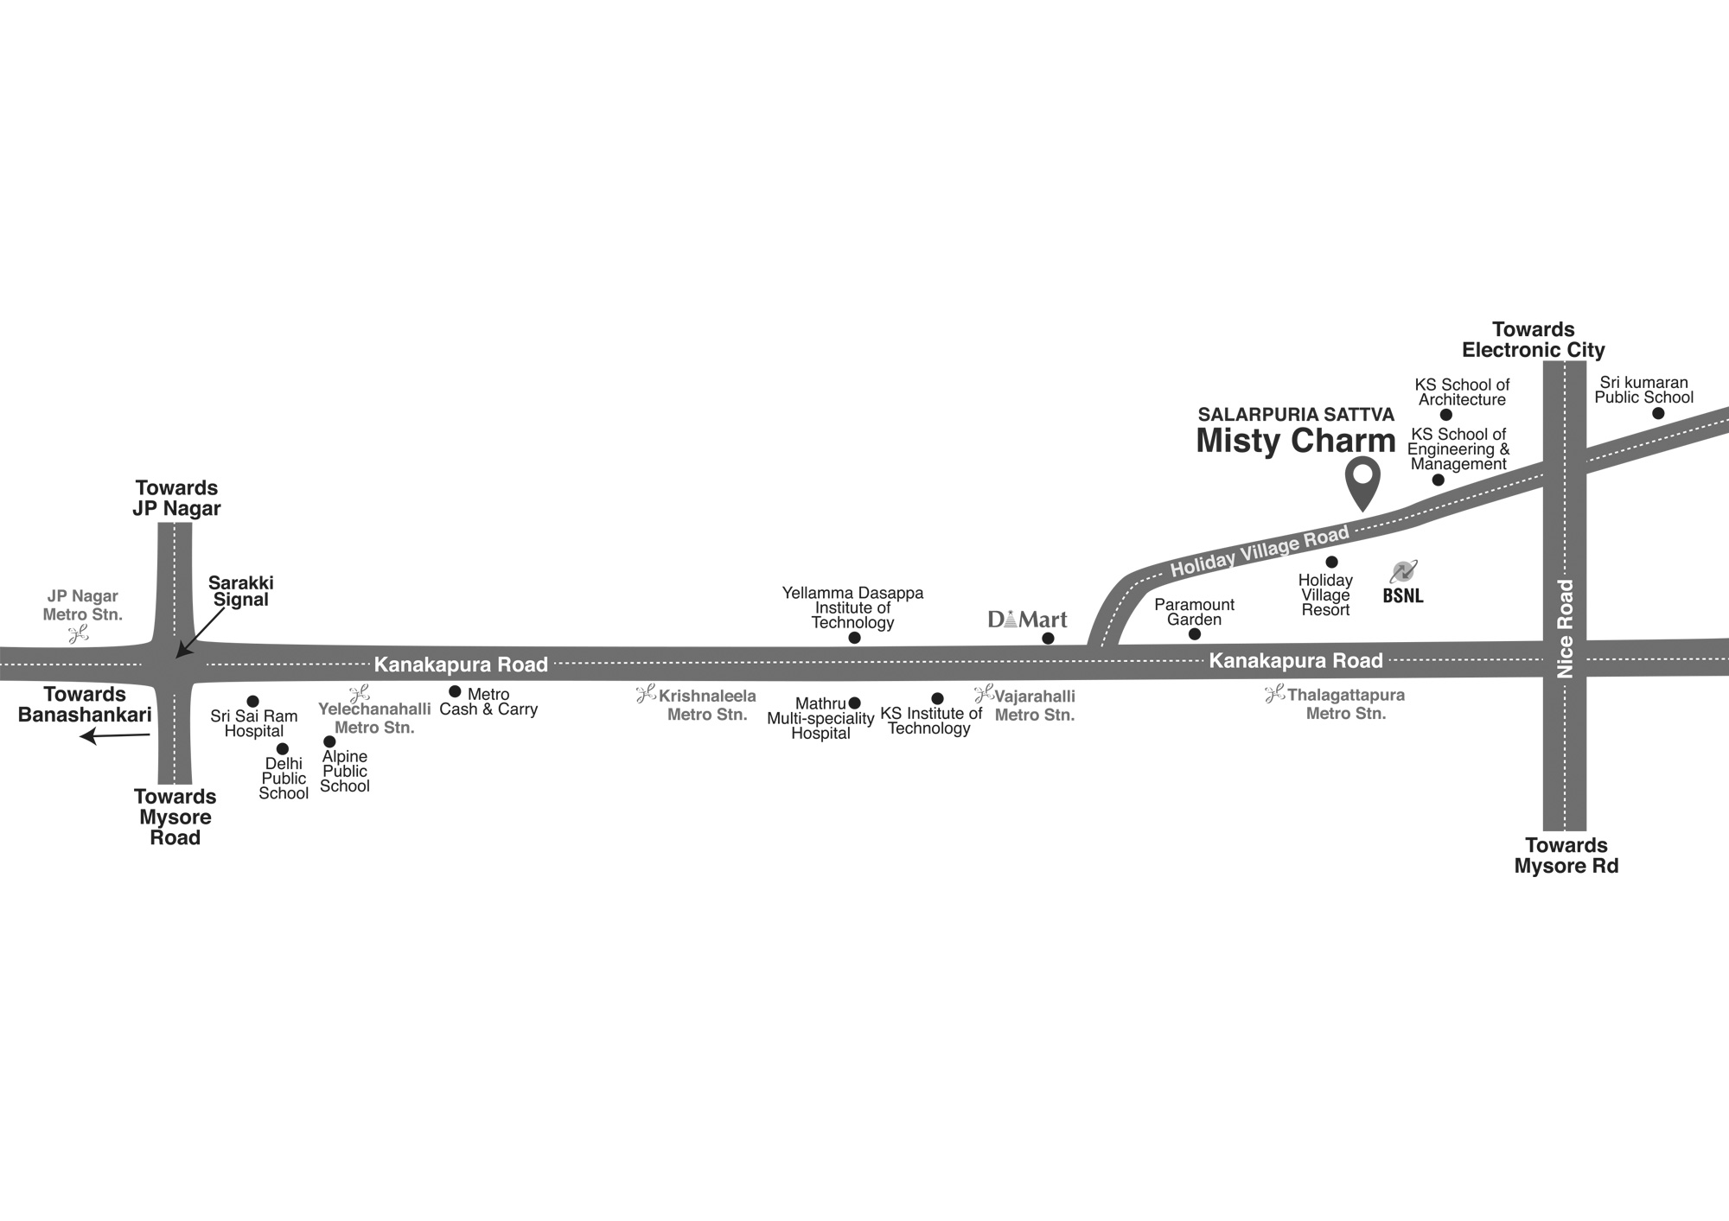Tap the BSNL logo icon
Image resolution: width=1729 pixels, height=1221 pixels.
point(1402,572)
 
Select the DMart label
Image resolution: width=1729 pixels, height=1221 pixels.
point(1027,620)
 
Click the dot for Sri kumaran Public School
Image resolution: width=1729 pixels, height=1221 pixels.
point(1658,413)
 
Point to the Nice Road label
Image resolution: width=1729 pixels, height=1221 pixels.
point(1566,628)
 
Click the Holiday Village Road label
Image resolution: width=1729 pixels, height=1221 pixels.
point(1259,550)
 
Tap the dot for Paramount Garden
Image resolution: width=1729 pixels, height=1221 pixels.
point(1195,634)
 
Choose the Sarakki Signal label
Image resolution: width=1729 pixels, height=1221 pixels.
point(240,591)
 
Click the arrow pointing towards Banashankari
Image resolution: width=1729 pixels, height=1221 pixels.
point(114,736)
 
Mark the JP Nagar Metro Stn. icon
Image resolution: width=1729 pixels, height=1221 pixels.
point(79,635)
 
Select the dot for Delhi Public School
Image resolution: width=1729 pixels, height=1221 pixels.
point(282,749)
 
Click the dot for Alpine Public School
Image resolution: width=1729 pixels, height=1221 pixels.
point(329,741)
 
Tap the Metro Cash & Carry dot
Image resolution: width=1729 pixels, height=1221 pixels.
point(455,691)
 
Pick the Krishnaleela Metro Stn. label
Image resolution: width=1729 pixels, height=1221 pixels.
point(706,705)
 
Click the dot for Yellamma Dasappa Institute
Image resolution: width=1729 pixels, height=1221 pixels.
point(854,638)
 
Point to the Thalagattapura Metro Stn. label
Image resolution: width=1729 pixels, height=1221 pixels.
point(1345,704)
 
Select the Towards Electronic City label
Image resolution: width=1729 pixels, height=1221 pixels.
point(1533,340)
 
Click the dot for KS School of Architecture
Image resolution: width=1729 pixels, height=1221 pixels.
point(1446,415)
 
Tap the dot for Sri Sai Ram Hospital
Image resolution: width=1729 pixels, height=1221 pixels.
point(252,702)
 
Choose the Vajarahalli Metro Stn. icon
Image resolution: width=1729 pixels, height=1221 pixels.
point(983,693)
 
